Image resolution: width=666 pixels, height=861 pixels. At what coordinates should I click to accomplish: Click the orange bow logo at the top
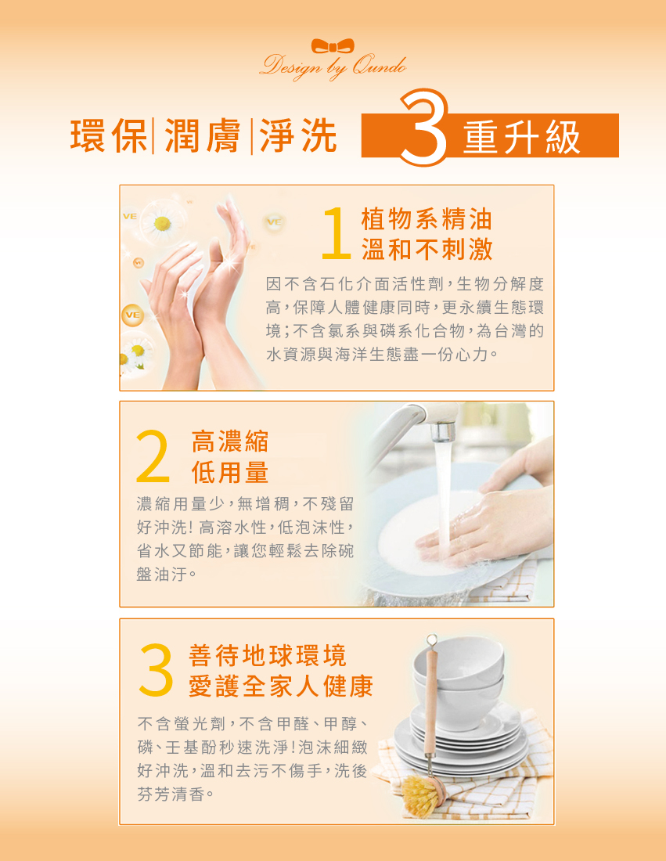click(333, 46)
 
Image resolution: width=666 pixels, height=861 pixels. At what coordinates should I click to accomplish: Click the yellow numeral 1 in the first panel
click(335, 233)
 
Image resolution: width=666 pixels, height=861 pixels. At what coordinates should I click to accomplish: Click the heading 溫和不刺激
click(427, 249)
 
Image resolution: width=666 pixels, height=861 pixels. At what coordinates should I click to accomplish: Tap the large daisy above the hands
click(163, 222)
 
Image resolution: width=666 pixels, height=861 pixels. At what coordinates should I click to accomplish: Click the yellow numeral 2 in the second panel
click(153, 456)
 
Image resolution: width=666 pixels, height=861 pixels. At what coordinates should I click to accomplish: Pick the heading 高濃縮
click(230, 441)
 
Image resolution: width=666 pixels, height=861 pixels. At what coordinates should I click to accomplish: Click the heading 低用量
click(230, 472)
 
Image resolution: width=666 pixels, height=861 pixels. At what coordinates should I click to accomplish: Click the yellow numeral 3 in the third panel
click(154, 671)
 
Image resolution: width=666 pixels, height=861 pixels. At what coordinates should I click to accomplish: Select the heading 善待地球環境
click(268, 655)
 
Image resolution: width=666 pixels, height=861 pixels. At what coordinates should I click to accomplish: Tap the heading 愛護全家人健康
click(281, 686)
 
